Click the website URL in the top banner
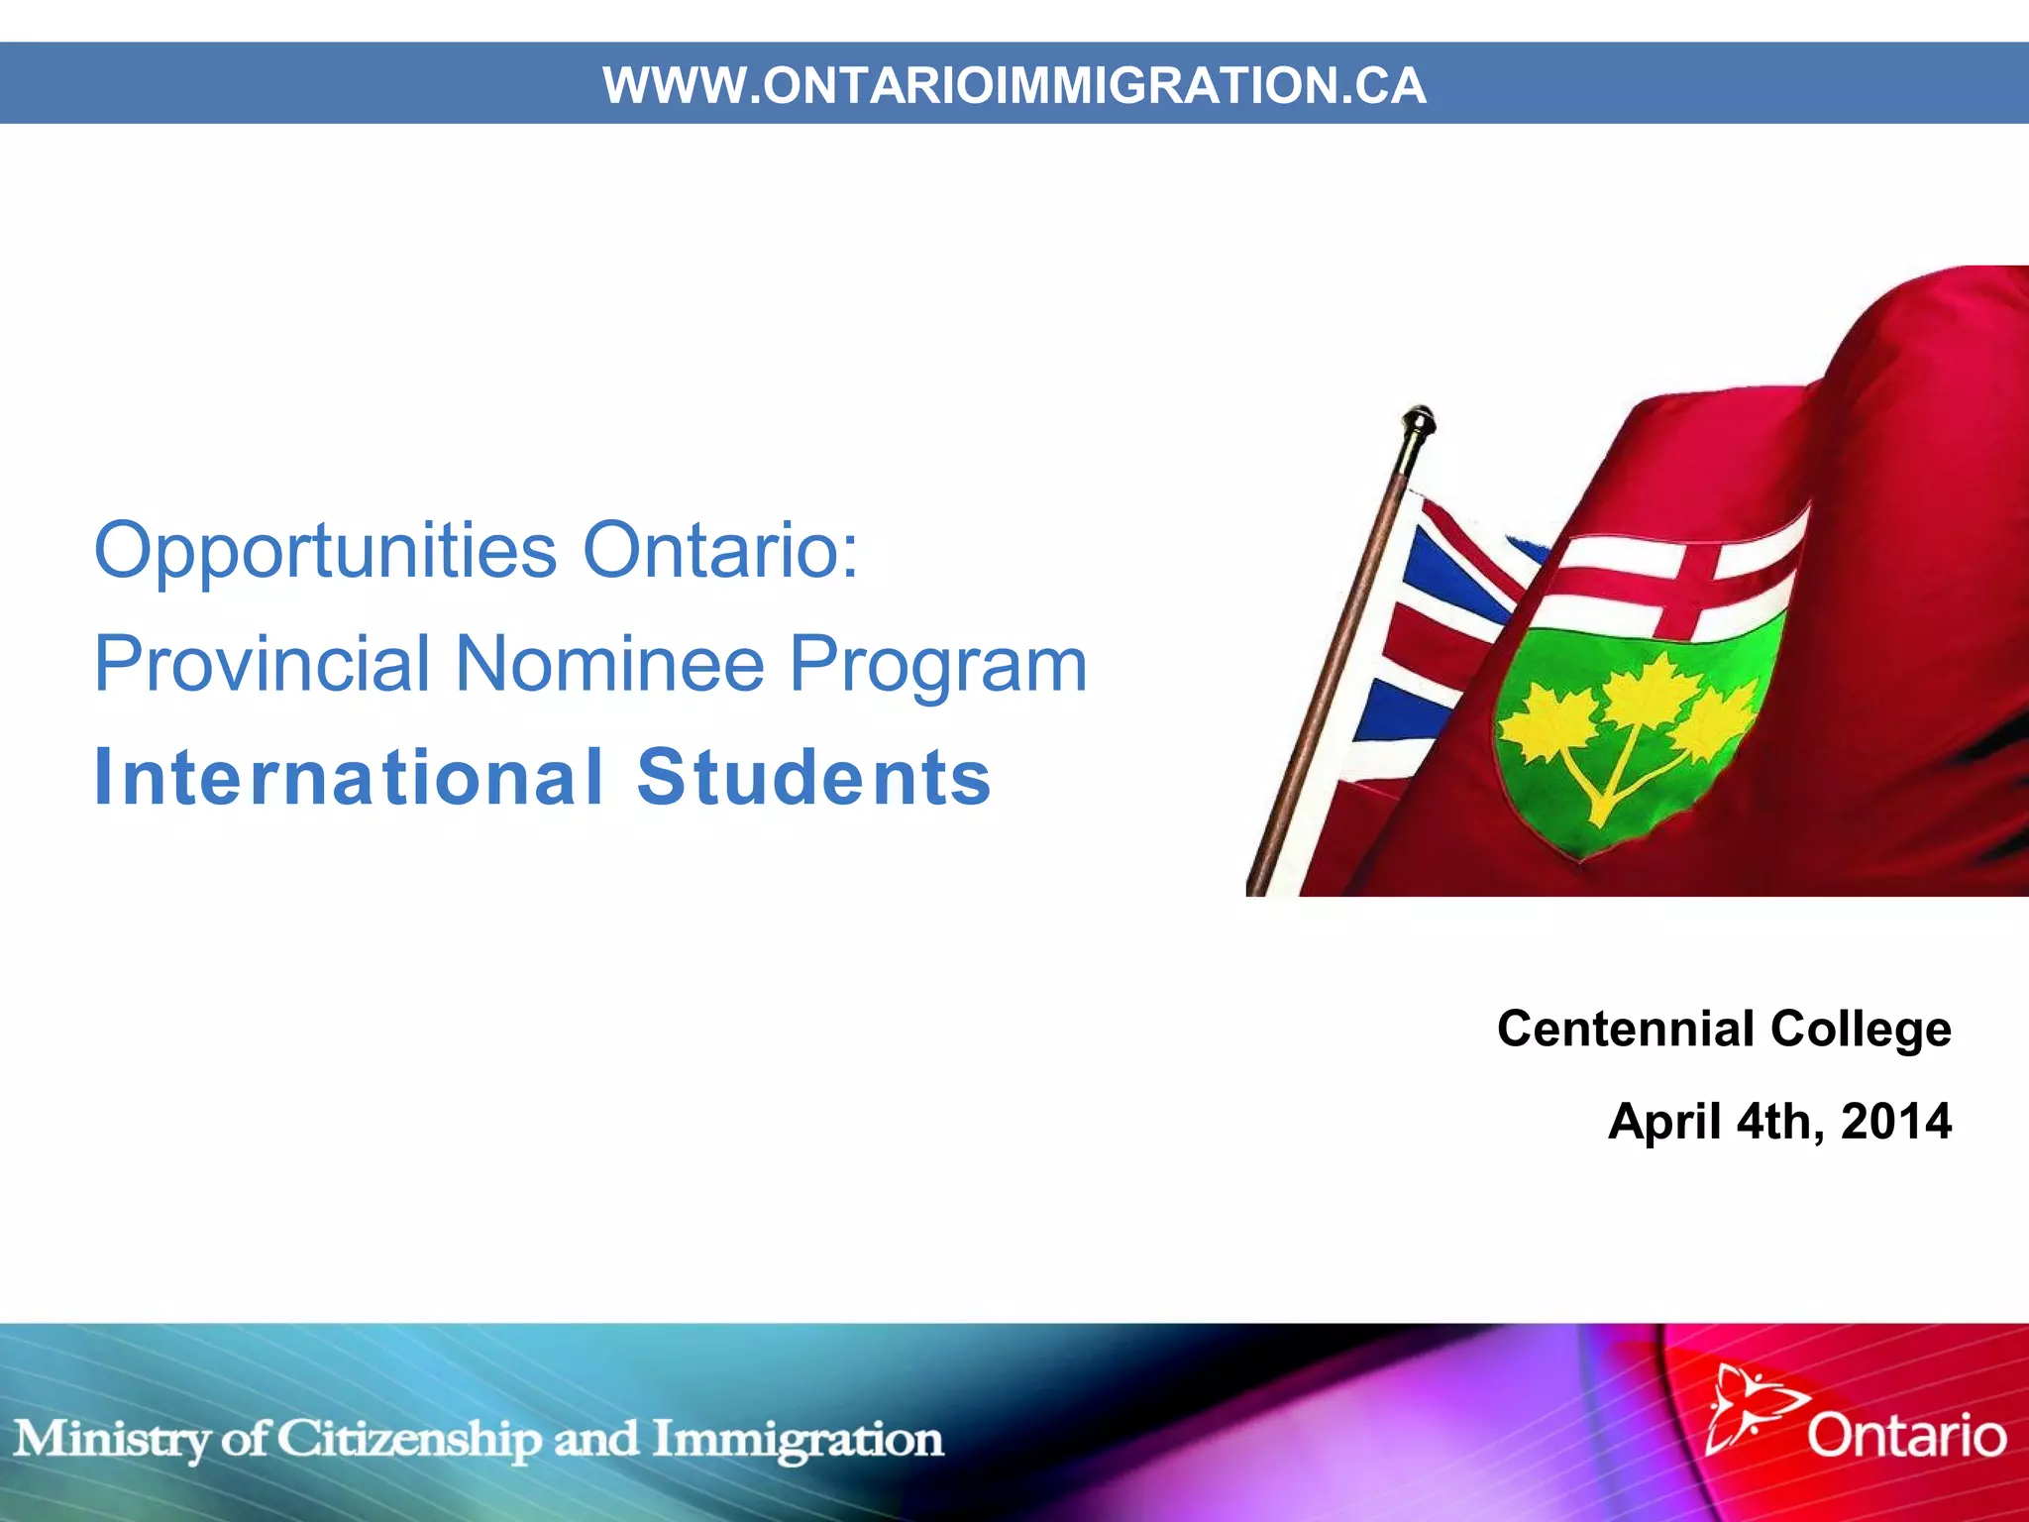point(1014,85)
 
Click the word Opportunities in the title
point(325,551)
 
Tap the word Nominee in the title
point(609,663)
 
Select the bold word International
point(349,777)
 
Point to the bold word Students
point(813,777)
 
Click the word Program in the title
point(938,665)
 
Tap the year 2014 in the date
point(1895,1122)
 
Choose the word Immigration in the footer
point(798,1440)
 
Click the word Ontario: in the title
point(720,551)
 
